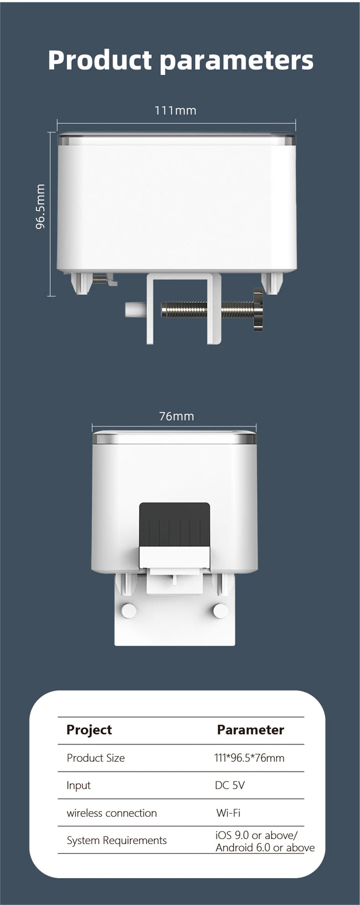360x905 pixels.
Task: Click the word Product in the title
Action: pos(100,60)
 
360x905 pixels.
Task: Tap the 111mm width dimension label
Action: pos(175,110)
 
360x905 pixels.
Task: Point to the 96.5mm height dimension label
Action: pos(41,206)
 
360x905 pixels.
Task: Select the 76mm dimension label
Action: pos(176,416)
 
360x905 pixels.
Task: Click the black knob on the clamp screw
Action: pos(258,309)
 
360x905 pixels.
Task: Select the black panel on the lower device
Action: pos(175,524)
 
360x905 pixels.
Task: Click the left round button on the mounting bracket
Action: pos(129,611)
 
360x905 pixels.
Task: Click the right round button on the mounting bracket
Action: pos(221,611)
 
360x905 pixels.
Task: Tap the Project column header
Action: pos(89,730)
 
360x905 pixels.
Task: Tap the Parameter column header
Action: pos(250,730)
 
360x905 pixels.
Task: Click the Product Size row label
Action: pos(96,758)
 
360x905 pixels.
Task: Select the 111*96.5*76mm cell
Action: pos(249,758)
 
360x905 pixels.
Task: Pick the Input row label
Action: pos(78,785)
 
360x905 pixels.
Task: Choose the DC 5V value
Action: pos(230,785)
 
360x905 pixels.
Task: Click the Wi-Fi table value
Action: pos(228,812)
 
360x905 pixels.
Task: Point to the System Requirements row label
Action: pos(117,840)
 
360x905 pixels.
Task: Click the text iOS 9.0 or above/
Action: pos(257,835)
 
